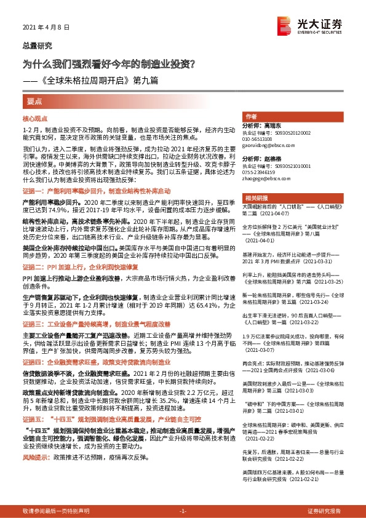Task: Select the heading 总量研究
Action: (38, 46)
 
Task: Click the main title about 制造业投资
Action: (110, 63)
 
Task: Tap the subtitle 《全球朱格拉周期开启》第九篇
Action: (95, 80)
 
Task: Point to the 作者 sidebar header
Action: (251, 116)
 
